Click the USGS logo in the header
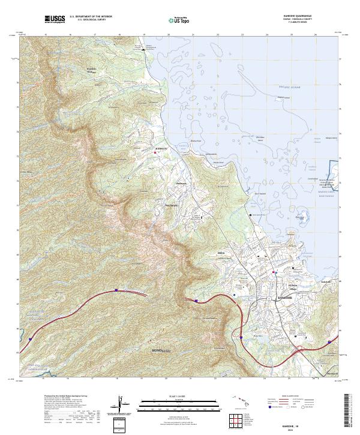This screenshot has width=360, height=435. tap(55, 19)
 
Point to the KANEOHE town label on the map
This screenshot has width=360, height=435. tap(283, 298)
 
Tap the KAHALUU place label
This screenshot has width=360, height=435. tap(162, 147)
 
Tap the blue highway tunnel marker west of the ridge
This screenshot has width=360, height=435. tap(116, 290)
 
